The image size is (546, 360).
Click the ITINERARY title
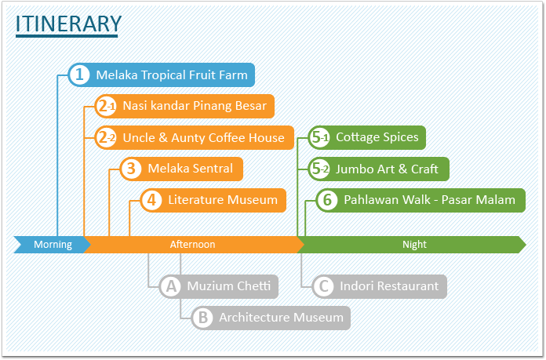coord(68,24)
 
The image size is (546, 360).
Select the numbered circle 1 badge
coord(79,75)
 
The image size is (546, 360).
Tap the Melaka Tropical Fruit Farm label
coord(172,75)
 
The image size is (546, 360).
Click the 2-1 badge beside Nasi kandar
coord(106,106)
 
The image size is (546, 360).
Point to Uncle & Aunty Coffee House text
coord(203,138)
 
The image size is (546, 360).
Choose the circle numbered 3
coord(131,169)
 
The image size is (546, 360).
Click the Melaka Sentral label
coord(190,169)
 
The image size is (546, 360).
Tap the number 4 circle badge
coord(151,200)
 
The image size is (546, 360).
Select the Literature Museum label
coord(223,200)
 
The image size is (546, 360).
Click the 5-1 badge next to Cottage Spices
coord(319,137)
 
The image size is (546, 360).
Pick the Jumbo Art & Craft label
coord(387,169)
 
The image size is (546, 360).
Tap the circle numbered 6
coord(327,200)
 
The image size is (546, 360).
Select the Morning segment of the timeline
coord(53,245)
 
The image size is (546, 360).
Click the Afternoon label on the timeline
coord(192,245)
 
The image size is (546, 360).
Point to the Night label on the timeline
coord(414,245)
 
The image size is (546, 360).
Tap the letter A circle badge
coord(171,286)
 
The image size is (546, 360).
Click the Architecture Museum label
coord(281,318)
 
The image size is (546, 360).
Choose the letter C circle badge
coord(323,286)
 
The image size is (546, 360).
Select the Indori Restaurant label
coord(389,286)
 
